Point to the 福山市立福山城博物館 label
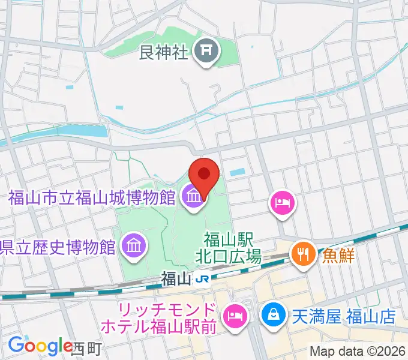(92, 197)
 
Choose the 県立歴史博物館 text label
(58, 246)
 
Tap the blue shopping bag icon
(272, 314)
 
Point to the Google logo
(40, 346)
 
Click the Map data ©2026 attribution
(358, 351)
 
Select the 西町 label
(88, 347)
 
